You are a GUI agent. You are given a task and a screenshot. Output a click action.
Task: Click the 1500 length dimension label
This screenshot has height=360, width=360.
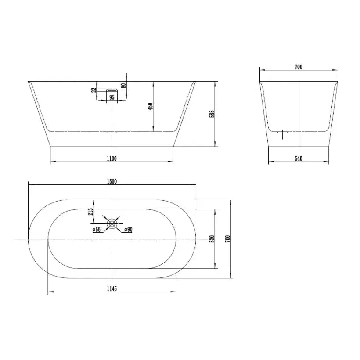(x=112, y=181)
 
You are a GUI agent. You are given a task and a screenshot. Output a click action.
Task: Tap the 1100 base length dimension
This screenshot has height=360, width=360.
(x=112, y=158)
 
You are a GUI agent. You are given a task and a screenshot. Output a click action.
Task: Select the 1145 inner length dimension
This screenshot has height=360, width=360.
(x=112, y=288)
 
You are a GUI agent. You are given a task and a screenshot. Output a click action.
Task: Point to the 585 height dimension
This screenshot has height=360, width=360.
(x=212, y=114)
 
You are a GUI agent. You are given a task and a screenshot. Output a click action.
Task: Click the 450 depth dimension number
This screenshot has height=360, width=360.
(x=151, y=106)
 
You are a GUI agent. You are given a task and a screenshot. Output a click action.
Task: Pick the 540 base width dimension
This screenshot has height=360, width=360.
(x=298, y=158)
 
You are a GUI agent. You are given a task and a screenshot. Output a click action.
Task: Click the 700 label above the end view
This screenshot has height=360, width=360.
(x=298, y=67)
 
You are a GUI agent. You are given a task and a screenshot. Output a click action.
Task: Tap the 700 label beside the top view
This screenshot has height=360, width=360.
(x=227, y=239)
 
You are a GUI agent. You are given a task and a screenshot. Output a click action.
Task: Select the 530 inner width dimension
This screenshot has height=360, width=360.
(x=212, y=239)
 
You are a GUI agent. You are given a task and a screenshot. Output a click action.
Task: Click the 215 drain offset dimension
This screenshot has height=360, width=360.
(x=91, y=212)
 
